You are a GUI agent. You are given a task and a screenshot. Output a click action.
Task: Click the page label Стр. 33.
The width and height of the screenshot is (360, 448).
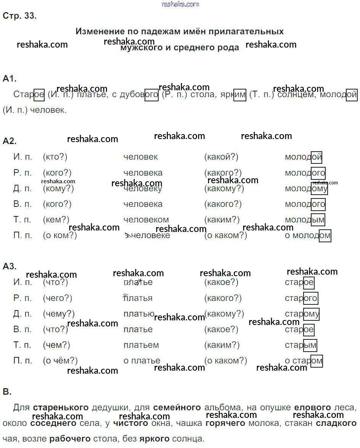tap(19, 16)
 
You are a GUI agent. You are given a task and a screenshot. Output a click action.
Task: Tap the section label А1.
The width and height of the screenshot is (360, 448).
tap(10, 78)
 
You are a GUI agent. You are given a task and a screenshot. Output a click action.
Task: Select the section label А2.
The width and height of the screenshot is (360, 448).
tap(10, 141)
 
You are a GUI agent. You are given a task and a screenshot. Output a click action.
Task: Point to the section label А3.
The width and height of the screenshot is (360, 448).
tap(10, 266)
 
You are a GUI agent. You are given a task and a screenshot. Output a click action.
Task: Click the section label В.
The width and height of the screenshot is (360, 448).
tap(7, 391)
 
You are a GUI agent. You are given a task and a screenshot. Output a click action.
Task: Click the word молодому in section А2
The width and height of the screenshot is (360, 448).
tap(306, 189)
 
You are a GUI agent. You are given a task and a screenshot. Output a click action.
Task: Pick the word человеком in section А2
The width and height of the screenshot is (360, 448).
tap(146, 220)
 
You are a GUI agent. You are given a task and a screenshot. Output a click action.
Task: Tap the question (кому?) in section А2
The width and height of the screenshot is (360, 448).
tap(58, 189)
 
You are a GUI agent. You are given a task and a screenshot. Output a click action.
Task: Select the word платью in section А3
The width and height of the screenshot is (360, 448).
tap(139, 314)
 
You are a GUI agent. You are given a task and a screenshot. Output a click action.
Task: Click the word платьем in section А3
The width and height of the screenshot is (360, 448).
tap(141, 345)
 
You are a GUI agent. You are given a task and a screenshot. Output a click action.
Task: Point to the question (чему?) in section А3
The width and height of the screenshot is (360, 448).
tap(59, 314)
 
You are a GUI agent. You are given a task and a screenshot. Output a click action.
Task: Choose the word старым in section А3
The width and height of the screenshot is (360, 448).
tap(301, 345)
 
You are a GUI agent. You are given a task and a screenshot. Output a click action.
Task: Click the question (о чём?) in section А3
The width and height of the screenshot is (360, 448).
tap(60, 360)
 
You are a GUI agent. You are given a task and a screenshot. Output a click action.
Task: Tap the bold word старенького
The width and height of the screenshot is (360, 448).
tap(61, 408)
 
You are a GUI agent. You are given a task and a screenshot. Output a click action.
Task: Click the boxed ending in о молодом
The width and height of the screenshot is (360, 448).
tap(325, 236)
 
